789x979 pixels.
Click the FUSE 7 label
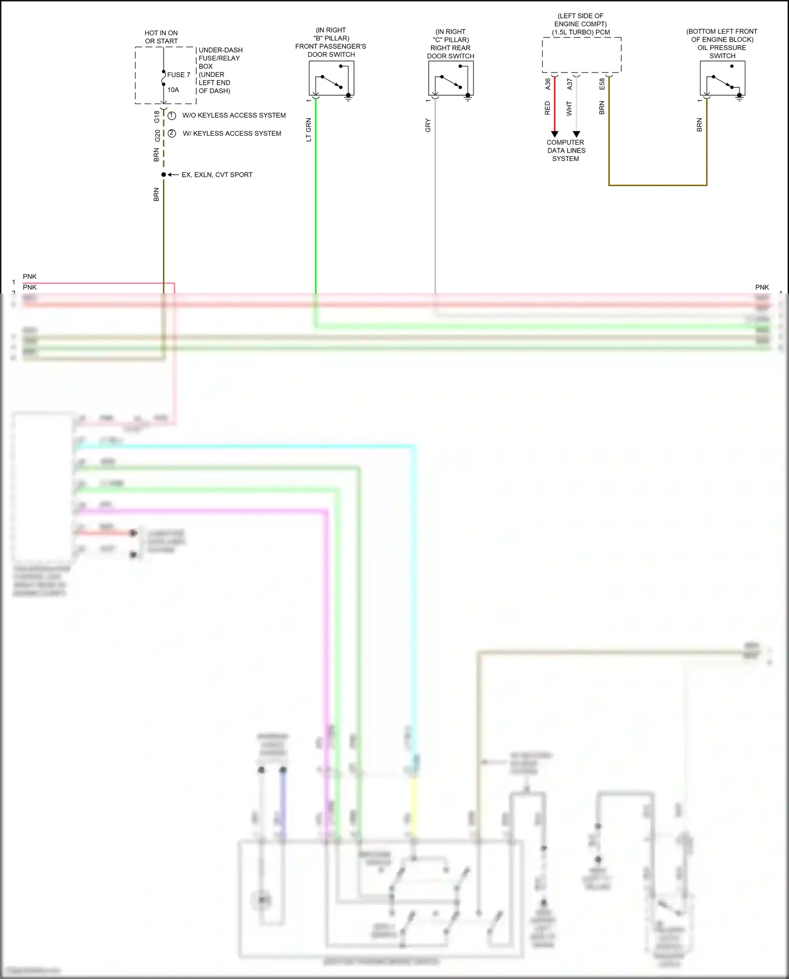pyautogui.click(x=178, y=75)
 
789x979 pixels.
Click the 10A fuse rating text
pyautogui.click(x=173, y=90)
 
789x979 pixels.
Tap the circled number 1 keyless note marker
pyautogui.click(x=171, y=115)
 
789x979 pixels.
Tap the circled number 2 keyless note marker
pyautogui.click(x=171, y=133)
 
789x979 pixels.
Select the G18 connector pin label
pyautogui.click(x=157, y=117)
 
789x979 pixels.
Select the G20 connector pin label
pyautogui.click(x=157, y=136)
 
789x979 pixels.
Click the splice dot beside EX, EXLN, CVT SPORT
pyautogui.click(x=164, y=175)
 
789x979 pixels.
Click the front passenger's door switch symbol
pyautogui.click(x=331, y=78)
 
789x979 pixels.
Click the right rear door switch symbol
pyautogui.click(x=451, y=78)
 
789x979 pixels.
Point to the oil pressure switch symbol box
pyautogui.click(x=722, y=78)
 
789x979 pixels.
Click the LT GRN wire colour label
pyautogui.click(x=309, y=129)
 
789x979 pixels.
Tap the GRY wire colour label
pyautogui.click(x=428, y=125)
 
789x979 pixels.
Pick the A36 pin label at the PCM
pyautogui.click(x=548, y=84)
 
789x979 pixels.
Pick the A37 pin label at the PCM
pyautogui.click(x=570, y=84)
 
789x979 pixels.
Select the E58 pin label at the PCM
pyautogui.click(x=602, y=84)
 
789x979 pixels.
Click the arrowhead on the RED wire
pyautogui.click(x=554, y=134)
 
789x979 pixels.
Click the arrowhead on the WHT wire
pyautogui.click(x=576, y=134)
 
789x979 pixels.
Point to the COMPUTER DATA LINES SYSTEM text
pyautogui.click(x=566, y=150)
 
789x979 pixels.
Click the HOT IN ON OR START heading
pyautogui.click(x=161, y=37)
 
